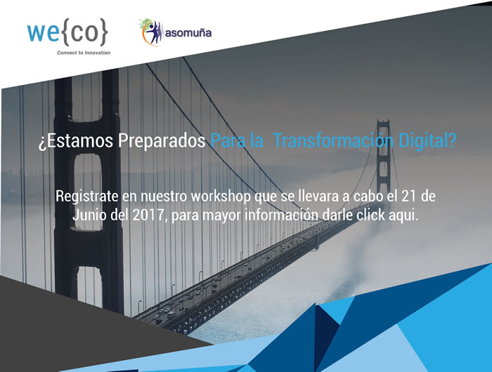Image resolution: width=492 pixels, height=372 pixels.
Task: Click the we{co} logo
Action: point(67,32)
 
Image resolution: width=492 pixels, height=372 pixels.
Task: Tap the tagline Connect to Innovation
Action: point(84,53)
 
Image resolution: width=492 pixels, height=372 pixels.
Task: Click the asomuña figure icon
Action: point(151,32)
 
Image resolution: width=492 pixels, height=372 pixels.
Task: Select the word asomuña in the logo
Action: point(188,33)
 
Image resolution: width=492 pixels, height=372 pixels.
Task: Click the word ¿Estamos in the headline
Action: point(76,140)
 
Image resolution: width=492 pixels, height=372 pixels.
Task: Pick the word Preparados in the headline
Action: point(162,141)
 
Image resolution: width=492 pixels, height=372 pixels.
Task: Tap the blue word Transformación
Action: point(334,140)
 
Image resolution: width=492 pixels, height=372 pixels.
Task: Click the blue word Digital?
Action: point(427,141)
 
